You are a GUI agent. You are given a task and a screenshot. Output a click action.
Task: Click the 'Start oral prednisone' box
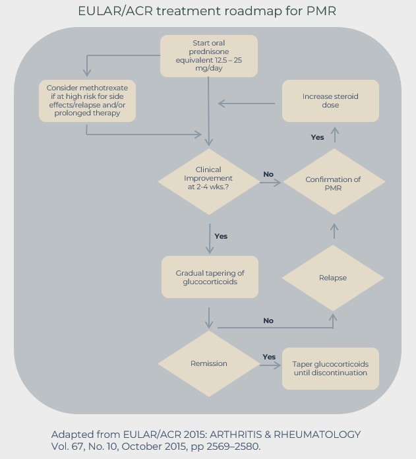point(209,56)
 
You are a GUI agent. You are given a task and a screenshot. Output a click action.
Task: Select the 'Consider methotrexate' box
point(88,100)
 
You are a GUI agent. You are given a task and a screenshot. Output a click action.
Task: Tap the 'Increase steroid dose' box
point(330,100)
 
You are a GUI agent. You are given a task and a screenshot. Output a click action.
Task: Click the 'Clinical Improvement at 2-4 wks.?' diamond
point(209,179)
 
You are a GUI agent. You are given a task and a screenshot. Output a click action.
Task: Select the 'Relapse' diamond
point(333,278)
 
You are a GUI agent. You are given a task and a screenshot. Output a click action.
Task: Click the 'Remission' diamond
point(209,363)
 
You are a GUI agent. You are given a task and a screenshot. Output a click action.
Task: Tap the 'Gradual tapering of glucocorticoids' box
point(209,278)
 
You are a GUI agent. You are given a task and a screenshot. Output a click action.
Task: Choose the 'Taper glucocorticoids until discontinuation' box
point(330,369)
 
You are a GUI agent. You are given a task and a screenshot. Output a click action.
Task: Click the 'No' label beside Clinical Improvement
point(268,174)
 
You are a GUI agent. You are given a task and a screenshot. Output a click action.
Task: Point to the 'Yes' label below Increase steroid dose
point(317,137)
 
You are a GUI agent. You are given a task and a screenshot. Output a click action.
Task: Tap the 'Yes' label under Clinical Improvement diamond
point(221,236)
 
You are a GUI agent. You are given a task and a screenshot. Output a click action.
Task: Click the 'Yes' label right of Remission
point(269,357)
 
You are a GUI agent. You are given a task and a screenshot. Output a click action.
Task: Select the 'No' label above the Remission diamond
point(268,321)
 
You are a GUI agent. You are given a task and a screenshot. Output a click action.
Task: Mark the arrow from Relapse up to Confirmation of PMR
point(334,230)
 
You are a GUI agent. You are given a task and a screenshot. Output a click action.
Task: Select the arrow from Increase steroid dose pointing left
point(246,103)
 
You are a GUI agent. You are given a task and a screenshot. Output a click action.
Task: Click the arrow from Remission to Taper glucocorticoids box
point(269,364)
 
